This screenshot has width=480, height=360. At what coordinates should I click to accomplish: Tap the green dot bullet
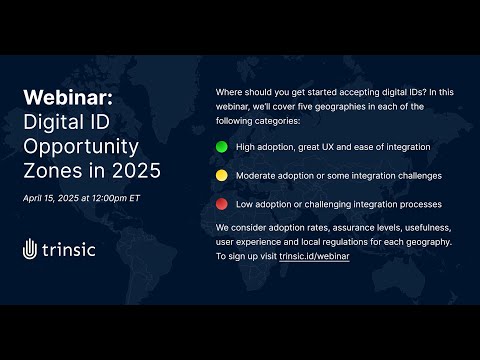click(221, 146)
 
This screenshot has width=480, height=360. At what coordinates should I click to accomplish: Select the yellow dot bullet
click(221, 176)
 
